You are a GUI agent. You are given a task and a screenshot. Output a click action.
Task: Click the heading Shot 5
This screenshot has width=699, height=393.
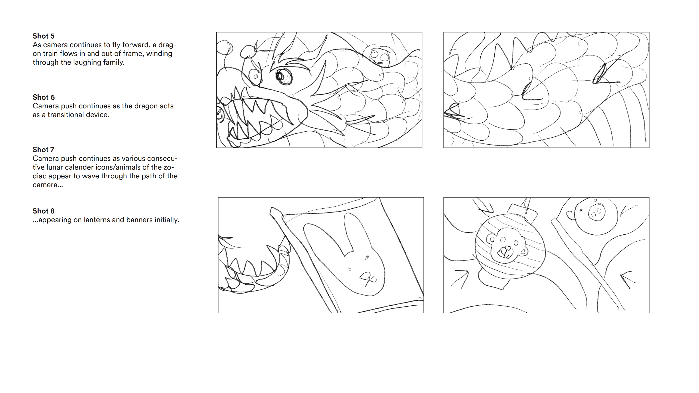(x=44, y=36)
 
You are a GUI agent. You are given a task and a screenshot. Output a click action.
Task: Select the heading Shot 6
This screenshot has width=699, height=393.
(x=44, y=97)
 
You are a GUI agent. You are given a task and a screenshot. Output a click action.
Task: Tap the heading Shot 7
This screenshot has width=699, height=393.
(x=44, y=150)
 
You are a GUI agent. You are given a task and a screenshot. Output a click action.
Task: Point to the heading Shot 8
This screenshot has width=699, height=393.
(x=44, y=211)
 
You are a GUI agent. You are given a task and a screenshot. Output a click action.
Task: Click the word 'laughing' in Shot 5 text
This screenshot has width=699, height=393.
(x=86, y=62)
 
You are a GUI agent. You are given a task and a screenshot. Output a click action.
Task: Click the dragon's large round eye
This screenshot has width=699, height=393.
(x=284, y=76)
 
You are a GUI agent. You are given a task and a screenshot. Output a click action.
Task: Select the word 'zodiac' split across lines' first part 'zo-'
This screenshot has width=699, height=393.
(x=168, y=167)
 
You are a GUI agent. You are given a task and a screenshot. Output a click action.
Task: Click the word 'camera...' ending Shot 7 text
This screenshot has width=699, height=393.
(x=48, y=185)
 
